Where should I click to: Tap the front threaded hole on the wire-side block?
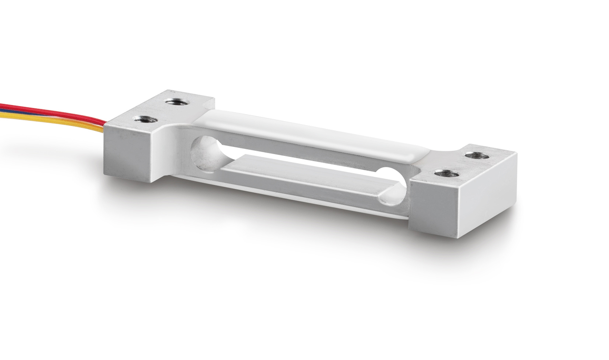[143, 119]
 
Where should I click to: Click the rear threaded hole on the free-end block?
[477, 156]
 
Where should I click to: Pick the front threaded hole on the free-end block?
[447, 174]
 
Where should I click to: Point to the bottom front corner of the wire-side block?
[151, 182]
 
